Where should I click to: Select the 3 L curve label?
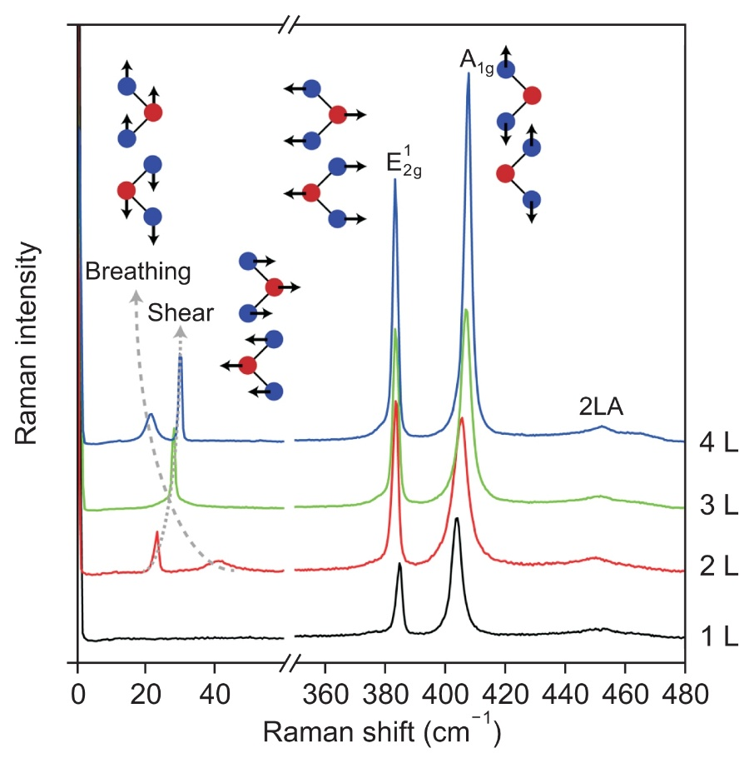point(719,506)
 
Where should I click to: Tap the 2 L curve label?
point(719,567)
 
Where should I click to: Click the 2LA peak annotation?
point(602,407)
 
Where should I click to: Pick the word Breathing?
point(138,272)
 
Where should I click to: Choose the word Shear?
point(181,313)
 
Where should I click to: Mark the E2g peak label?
point(404,162)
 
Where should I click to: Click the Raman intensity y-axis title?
point(27,343)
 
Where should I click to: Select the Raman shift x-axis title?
point(381,732)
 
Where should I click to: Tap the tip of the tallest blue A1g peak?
point(469,73)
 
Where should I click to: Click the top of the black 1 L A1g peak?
point(456,518)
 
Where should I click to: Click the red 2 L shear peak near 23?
point(156,533)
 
